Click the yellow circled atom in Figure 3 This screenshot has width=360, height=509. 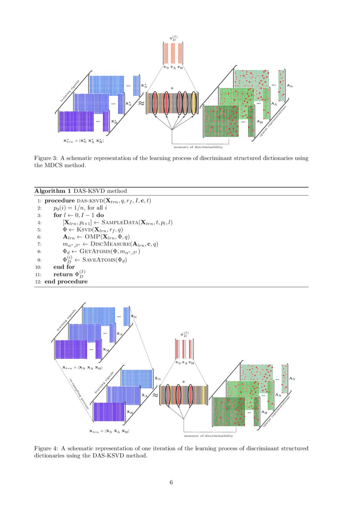(x=194, y=103)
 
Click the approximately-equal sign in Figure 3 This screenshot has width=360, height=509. (x=141, y=104)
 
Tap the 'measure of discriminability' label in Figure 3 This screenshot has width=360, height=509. (x=195, y=147)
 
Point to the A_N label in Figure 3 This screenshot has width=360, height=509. (x=289, y=86)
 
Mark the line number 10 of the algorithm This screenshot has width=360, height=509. (x=38, y=267)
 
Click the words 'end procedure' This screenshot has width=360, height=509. (x=66, y=282)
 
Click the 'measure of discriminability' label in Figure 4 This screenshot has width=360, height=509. (x=208, y=436)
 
